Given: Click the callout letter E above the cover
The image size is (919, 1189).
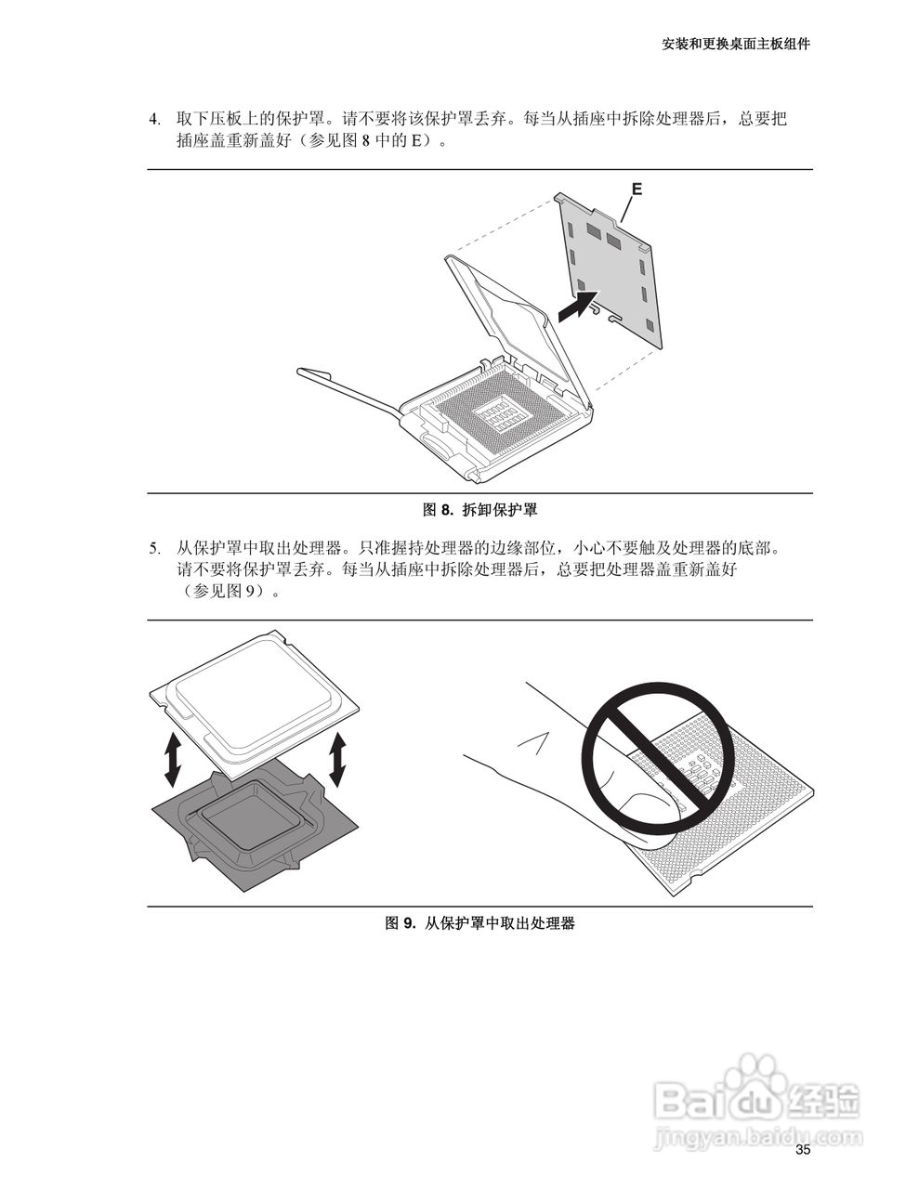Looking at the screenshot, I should pos(637,189).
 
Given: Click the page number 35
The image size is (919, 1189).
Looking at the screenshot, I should pos(803,1150).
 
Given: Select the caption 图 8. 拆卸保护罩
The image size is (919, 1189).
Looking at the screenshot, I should pos(480,510).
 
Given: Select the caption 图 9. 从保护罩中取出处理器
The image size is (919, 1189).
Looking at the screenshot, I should pos(480,923).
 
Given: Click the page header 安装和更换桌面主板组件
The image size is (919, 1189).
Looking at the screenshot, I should pos(736,44).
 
